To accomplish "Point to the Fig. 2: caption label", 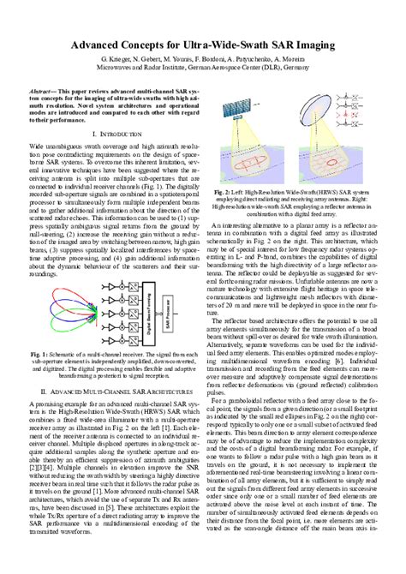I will (x=224, y=194).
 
